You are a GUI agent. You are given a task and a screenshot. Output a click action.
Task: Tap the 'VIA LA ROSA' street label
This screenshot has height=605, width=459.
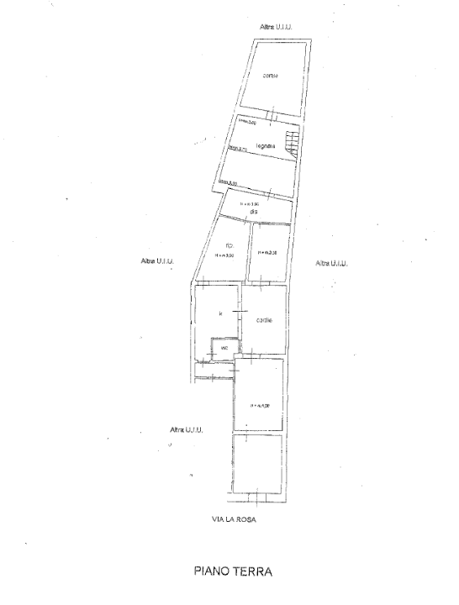click(233, 519)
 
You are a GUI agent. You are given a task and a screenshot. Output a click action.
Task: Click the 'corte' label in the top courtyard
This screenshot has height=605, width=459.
click(270, 76)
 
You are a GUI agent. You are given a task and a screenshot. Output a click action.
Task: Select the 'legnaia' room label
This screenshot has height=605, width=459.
click(266, 148)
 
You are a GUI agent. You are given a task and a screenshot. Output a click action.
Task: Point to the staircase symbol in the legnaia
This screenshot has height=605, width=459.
click(292, 144)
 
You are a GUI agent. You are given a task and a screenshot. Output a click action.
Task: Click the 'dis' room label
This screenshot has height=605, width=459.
click(252, 211)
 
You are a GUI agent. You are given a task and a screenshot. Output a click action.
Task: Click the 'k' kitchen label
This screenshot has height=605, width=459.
click(219, 313)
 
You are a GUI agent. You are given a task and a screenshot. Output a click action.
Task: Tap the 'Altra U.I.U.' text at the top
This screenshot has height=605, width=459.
click(277, 28)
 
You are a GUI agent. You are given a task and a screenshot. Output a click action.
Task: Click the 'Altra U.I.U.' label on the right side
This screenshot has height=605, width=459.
click(332, 263)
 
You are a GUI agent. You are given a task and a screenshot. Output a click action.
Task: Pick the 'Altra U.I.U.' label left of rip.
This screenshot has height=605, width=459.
click(158, 261)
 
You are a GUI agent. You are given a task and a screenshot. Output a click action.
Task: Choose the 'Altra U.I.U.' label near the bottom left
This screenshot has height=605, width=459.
click(186, 429)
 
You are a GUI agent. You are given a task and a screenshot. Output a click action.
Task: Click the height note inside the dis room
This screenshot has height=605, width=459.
click(250, 203)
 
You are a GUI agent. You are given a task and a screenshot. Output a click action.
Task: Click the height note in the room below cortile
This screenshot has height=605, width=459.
click(260, 406)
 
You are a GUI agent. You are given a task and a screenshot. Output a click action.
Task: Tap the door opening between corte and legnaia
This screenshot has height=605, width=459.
click(271, 115)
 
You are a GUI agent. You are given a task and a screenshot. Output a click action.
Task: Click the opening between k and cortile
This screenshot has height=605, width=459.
click(240, 313)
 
